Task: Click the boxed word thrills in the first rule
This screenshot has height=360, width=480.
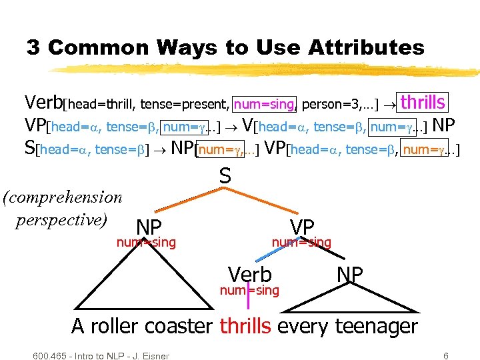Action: click(x=423, y=102)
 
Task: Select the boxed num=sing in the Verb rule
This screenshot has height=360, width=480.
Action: click(x=264, y=103)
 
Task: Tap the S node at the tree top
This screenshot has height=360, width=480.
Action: click(x=225, y=176)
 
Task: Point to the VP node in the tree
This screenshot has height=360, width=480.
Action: click(x=302, y=227)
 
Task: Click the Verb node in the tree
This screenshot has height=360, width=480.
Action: click(x=250, y=274)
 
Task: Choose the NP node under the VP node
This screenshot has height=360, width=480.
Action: click(x=350, y=274)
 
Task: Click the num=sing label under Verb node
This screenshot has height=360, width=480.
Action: click(x=249, y=289)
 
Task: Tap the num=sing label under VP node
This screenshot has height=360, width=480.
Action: click(x=301, y=242)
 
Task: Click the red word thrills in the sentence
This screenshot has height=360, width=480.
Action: click(x=245, y=327)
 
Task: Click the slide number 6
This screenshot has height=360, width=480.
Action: click(x=445, y=355)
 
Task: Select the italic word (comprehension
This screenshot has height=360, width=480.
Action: click(x=63, y=197)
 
